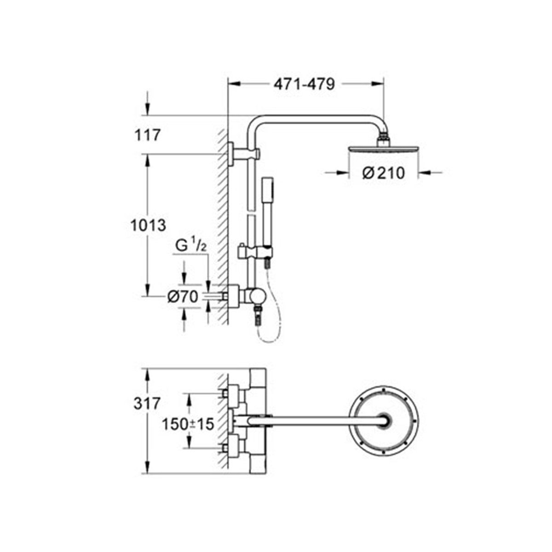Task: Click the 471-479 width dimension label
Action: tap(304, 84)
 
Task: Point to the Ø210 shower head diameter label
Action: tap(383, 173)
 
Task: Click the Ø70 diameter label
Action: tap(183, 298)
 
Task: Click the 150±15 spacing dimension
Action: tap(188, 424)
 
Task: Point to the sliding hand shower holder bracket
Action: tap(255, 253)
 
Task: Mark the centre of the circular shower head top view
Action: tap(384, 420)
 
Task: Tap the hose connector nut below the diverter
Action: tap(257, 317)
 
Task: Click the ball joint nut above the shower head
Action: tap(383, 138)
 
